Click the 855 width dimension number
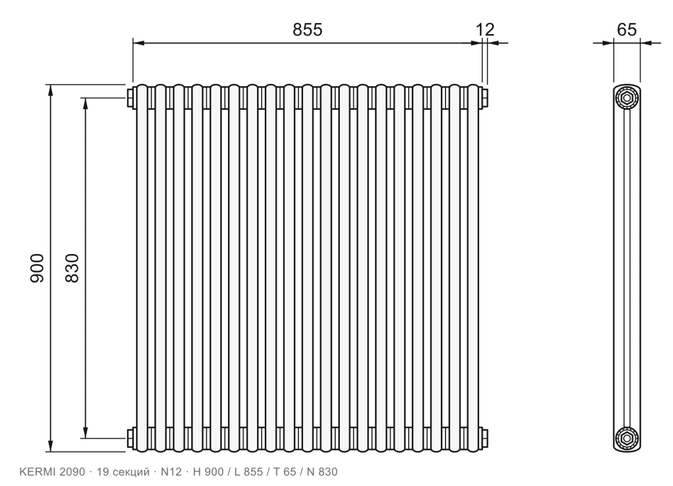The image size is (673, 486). coord(308,30)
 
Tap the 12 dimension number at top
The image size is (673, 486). coord(485,30)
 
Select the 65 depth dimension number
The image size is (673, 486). coord(626,30)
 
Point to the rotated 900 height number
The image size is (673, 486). coord(37,268)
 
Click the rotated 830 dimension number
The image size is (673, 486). coord(72,268)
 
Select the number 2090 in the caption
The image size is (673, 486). coord(72,472)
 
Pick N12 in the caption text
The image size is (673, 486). coord(171,472)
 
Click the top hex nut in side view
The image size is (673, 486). coord(626,99)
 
